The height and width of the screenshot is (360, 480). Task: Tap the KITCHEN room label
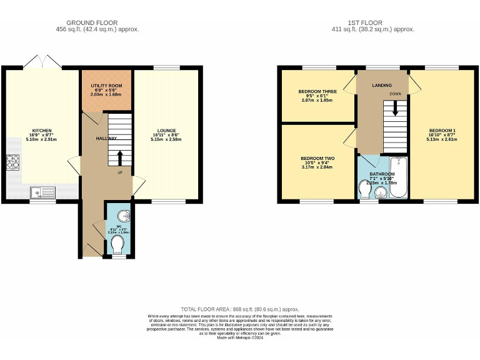(x=42, y=131)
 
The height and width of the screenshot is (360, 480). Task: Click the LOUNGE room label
(x=166, y=131)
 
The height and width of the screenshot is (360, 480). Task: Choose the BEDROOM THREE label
(x=318, y=91)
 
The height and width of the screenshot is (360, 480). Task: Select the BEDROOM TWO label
(x=318, y=159)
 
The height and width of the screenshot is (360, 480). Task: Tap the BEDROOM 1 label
(x=442, y=131)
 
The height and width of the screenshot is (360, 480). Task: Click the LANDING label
(x=381, y=85)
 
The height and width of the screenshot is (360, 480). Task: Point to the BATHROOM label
(x=381, y=174)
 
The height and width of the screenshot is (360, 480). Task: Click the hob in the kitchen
(x=13, y=162)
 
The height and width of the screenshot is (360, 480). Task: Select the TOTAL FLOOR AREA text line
(x=240, y=309)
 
